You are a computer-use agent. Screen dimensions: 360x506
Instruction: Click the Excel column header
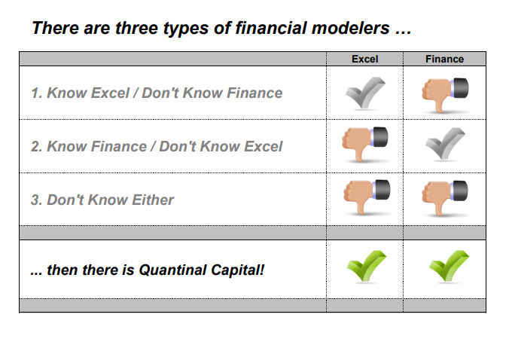(365, 59)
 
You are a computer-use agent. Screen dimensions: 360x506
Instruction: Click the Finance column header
(444, 59)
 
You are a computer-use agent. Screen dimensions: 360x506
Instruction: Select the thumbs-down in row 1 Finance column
(444, 93)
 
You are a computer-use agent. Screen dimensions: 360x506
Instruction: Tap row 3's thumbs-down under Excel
(365, 197)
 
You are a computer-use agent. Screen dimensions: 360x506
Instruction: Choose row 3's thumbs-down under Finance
(444, 197)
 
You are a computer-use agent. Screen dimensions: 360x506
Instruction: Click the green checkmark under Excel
(364, 267)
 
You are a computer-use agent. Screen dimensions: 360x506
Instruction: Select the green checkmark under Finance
(444, 267)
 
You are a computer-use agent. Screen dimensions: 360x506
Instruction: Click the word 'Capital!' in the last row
(240, 268)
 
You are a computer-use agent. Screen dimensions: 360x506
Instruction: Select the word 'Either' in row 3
(153, 200)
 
